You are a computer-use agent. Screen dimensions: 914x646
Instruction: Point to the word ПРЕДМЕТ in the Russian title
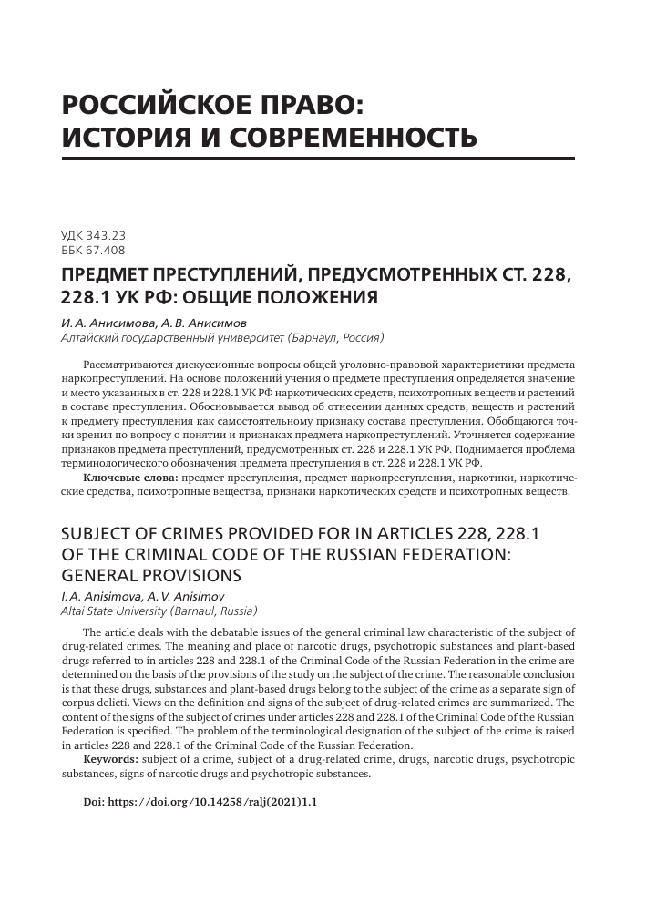pyautogui.click(x=112, y=275)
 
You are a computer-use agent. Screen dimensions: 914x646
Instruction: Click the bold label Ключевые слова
pyautogui.click(x=131, y=477)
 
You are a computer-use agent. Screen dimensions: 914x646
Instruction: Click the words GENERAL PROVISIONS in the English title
pyautogui.click(x=150, y=575)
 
